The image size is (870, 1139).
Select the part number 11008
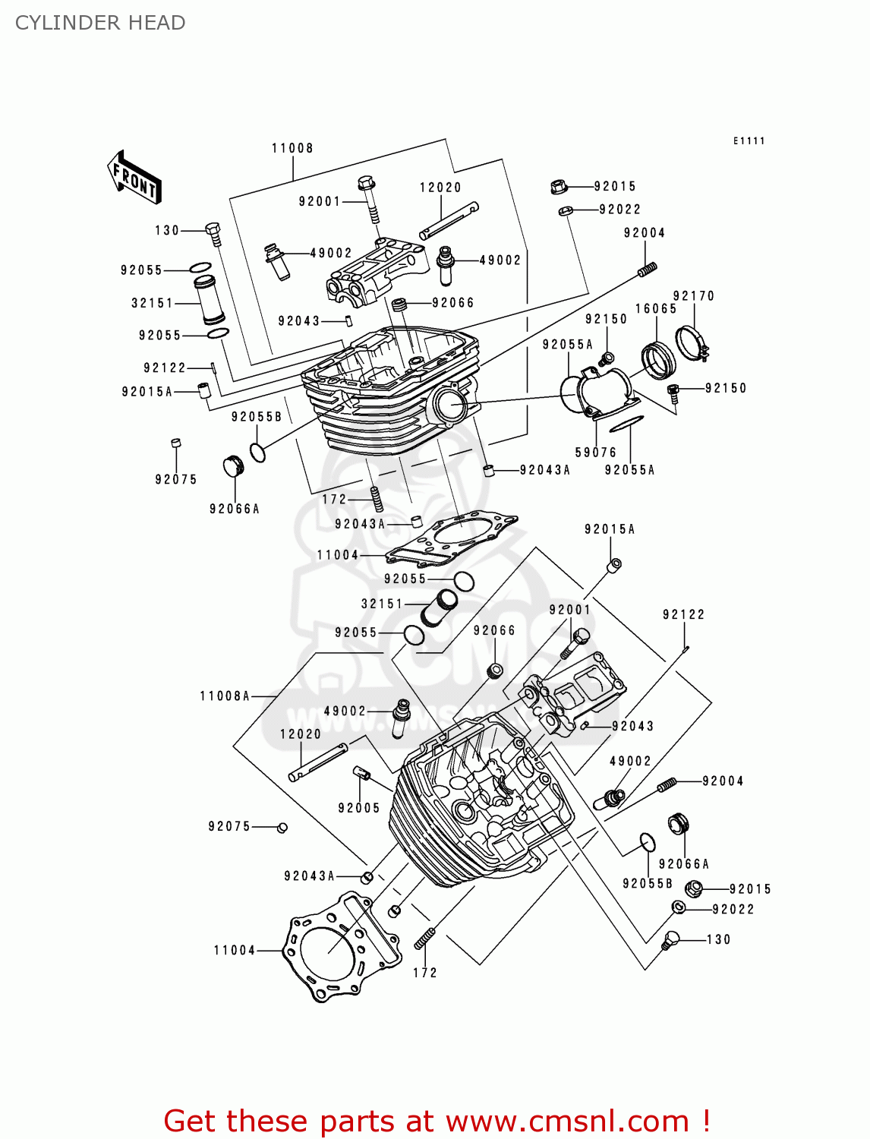(292, 148)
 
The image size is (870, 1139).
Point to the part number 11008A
(225, 696)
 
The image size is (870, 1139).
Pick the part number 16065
(656, 308)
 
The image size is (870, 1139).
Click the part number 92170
(694, 295)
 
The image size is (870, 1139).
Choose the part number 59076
(596, 453)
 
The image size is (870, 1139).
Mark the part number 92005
(359, 808)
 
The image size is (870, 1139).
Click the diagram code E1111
(749, 140)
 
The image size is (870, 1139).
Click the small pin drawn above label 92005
(362, 775)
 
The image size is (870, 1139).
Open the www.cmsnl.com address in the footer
(566, 1122)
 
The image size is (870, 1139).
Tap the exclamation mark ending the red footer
(705, 1122)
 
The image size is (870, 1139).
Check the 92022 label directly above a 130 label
(733, 909)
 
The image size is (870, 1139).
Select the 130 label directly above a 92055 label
(167, 230)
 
